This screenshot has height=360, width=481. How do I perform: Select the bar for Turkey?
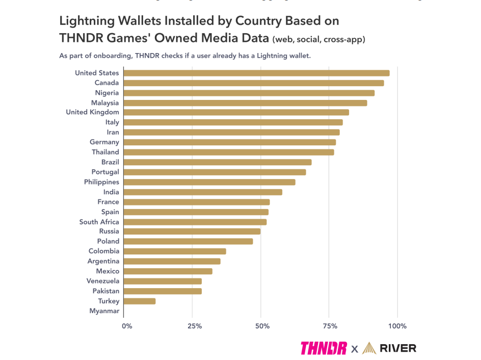pyautogui.click(x=140, y=301)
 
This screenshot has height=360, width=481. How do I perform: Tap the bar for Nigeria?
pyautogui.click(x=249, y=93)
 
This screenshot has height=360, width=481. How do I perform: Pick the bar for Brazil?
pyautogui.click(x=217, y=162)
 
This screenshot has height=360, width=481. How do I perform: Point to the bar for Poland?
pyautogui.click(x=188, y=241)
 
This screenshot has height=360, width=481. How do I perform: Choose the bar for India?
pyautogui.click(x=203, y=192)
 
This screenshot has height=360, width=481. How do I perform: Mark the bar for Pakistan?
pyautogui.click(x=163, y=291)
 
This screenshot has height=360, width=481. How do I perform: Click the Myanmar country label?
pyautogui.click(x=104, y=311)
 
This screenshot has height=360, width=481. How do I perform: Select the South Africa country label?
pyautogui.click(x=99, y=222)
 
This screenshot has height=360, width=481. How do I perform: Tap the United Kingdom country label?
pyautogui.click(x=92, y=112)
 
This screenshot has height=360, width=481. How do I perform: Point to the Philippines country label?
pyautogui.click(x=101, y=182)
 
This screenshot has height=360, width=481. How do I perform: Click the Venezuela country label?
pyautogui.click(x=102, y=281)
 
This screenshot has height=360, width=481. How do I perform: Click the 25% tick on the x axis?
pyautogui.click(x=192, y=326)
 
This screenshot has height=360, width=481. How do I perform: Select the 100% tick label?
pyautogui.click(x=397, y=326)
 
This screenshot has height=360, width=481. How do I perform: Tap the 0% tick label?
pyautogui.click(x=127, y=326)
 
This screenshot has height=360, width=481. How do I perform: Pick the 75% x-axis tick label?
pyautogui.click(x=330, y=326)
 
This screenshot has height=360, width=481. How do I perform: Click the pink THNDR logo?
pyautogui.click(x=324, y=348)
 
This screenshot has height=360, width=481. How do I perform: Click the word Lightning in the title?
pyautogui.click(x=84, y=21)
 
